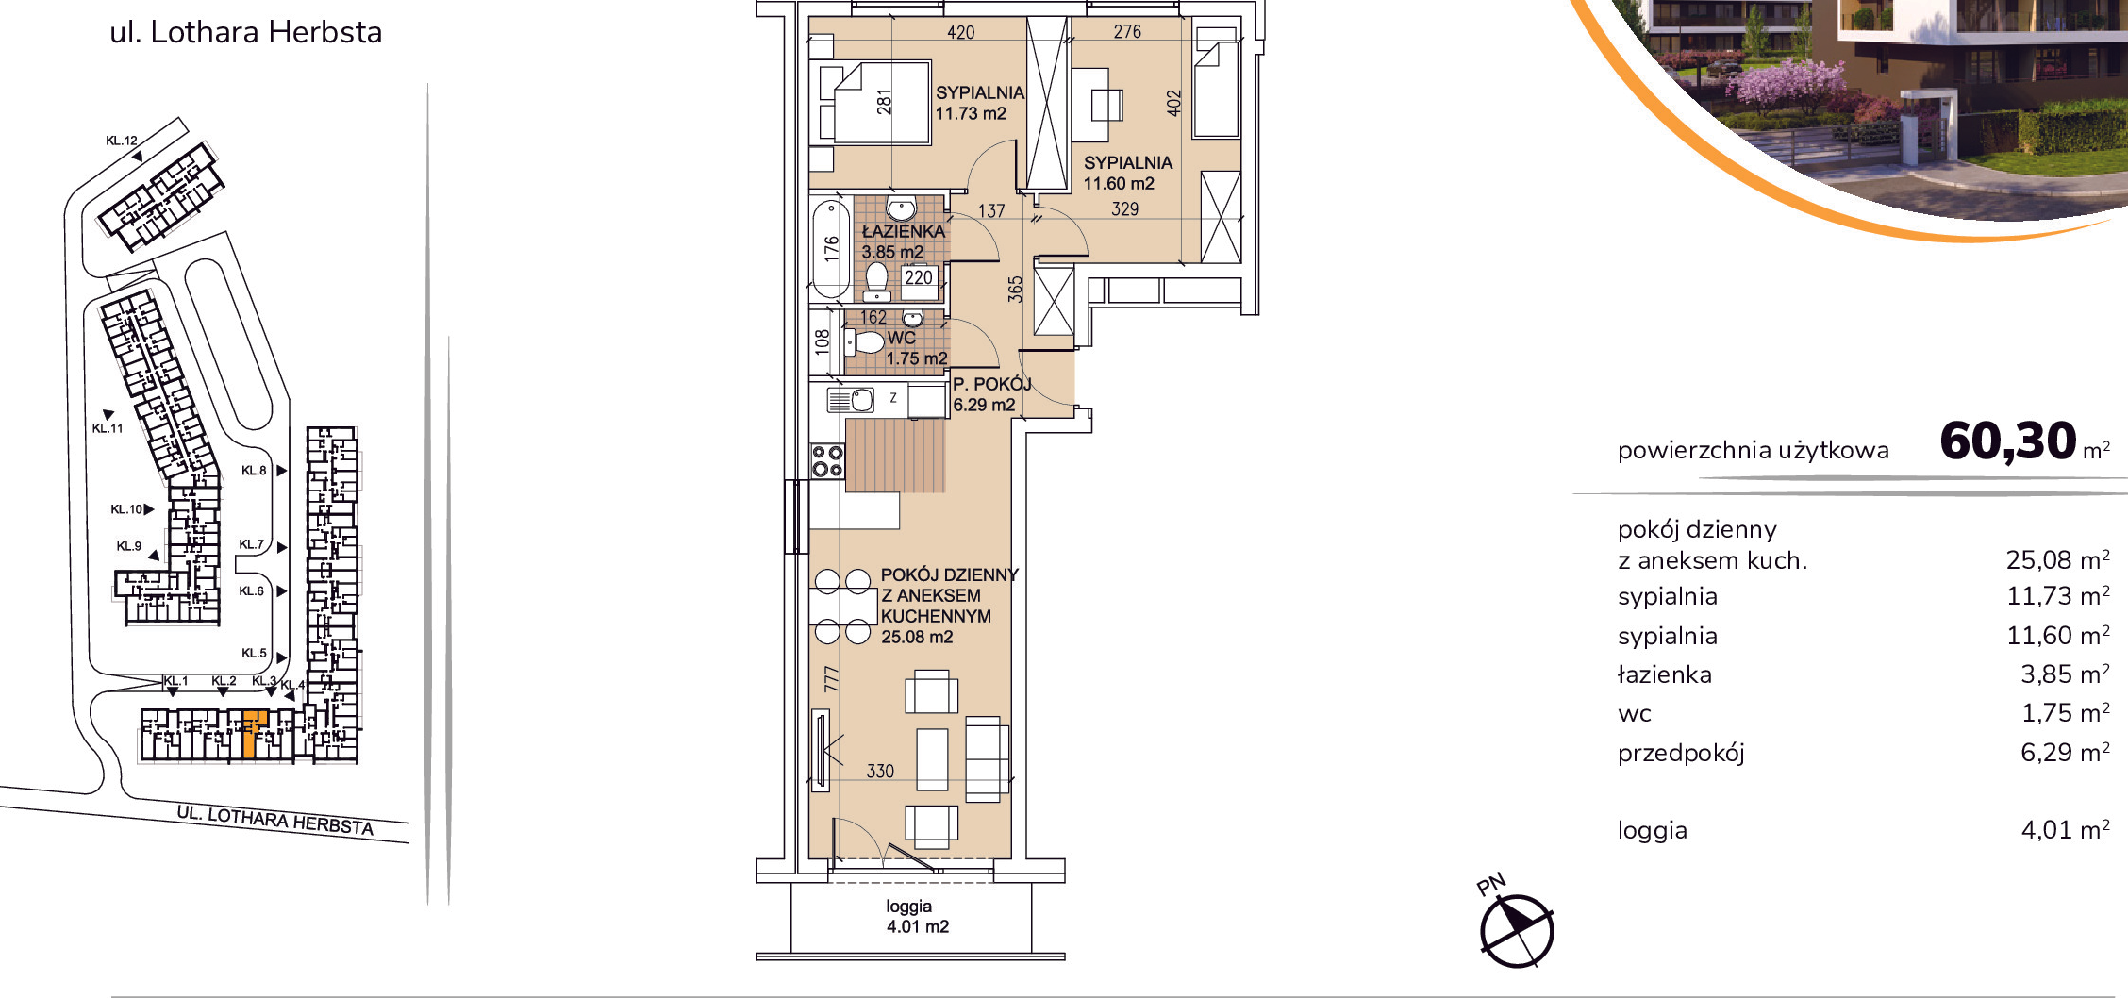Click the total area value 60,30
(x=2008, y=441)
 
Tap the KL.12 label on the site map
(x=122, y=141)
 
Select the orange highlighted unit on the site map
(x=252, y=735)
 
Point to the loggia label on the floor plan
(x=908, y=907)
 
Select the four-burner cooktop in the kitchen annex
(x=827, y=461)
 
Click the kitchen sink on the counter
(x=851, y=400)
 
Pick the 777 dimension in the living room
(x=831, y=679)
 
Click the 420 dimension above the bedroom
(x=960, y=32)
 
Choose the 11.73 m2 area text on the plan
(x=971, y=113)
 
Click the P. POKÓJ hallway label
(x=991, y=384)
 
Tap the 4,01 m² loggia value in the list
(x=2065, y=829)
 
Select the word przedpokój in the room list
(x=1681, y=754)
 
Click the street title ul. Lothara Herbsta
(x=246, y=32)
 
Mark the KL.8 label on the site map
(x=253, y=470)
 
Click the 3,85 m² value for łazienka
(x=2065, y=674)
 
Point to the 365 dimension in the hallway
(x=1015, y=289)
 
